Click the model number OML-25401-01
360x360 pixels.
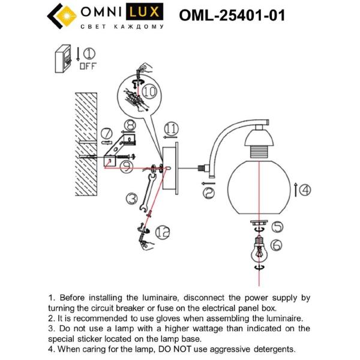click(x=232, y=16)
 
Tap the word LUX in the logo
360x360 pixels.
click(x=145, y=12)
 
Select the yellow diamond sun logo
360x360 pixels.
click(x=67, y=16)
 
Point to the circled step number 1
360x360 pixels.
click(x=89, y=54)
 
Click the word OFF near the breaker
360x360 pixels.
click(x=88, y=66)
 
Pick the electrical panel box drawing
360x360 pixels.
click(x=63, y=59)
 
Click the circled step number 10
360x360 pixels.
click(x=149, y=92)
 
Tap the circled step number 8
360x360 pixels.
click(x=130, y=125)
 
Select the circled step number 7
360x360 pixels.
click(x=107, y=134)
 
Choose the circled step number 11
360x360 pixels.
click(x=171, y=129)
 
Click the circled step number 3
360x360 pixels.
click(x=132, y=199)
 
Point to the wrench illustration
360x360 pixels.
click(x=148, y=192)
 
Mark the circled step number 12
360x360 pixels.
click(x=163, y=232)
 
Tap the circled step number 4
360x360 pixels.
click(x=305, y=190)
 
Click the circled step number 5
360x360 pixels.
click(x=277, y=227)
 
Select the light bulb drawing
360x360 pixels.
click(x=259, y=249)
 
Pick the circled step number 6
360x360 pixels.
click(x=276, y=245)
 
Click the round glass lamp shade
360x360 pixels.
click(x=259, y=187)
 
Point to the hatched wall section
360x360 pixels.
click(x=86, y=144)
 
